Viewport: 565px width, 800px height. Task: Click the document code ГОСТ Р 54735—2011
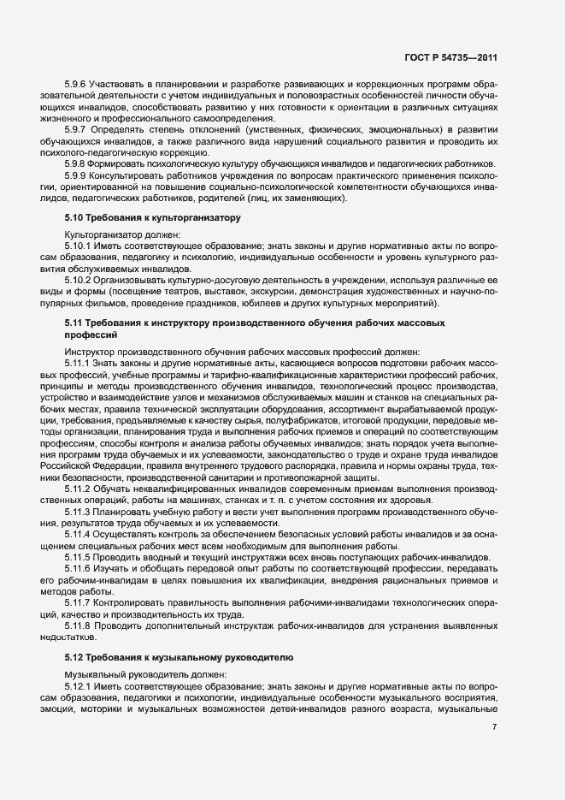click(450, 58)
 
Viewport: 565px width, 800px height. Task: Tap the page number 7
click(495, 727)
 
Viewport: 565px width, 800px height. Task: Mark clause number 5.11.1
click(79, 363)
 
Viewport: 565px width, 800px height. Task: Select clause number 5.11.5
click(79, 556)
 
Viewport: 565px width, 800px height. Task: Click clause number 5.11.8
click(79, 625)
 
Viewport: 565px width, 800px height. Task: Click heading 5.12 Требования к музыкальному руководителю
click(179, 659)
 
